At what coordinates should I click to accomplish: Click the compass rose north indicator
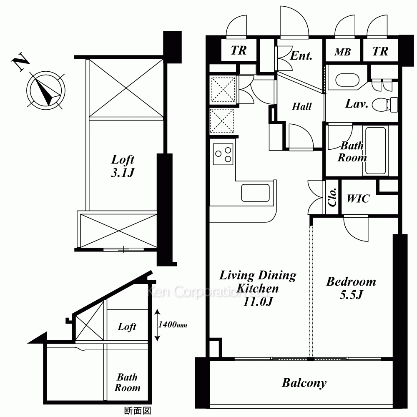pyautogui.click(x=46, y=90)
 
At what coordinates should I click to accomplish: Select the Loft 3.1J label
pyautogui.click(x=123, y=166)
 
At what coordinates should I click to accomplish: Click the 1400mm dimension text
pyautogui.click(x=173, y=325)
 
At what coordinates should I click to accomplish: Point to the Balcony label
pyautogui.click(x=304, y=383)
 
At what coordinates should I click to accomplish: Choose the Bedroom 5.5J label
pyautogui.click(x=351, y=288)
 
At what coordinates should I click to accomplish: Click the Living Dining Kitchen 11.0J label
pyautogui.click(x=258, y=288)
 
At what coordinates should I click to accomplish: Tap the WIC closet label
pyautogui.click(x=358, y=198)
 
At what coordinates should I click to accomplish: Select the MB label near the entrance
pyautogui.click(x=342, y=52)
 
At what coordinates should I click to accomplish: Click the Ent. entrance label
pyautogui.click(x=301, y=55)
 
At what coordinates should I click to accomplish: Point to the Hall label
pyautogui.click(x=301, y=107)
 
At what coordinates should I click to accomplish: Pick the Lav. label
pyautogui.click(x=357, y=104)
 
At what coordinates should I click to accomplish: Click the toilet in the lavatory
pyautogui.click(x=385, y=105)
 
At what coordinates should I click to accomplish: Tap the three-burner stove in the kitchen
pyautogui.click(x=223, y=154)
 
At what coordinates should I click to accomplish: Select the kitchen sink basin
pyautogui.click(x=255, y=193)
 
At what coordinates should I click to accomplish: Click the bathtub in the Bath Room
pyautogui.click(x=376, y=151)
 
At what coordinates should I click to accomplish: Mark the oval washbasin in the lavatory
pyautogui.click(x=347, y=80)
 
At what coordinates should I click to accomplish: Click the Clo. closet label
pyautogui.click(x=332, y=197)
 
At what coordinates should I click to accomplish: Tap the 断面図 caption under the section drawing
pyautogui.click(x=138, y=411)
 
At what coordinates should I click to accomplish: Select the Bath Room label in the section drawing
pyautogui.click(x=127, y=382)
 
